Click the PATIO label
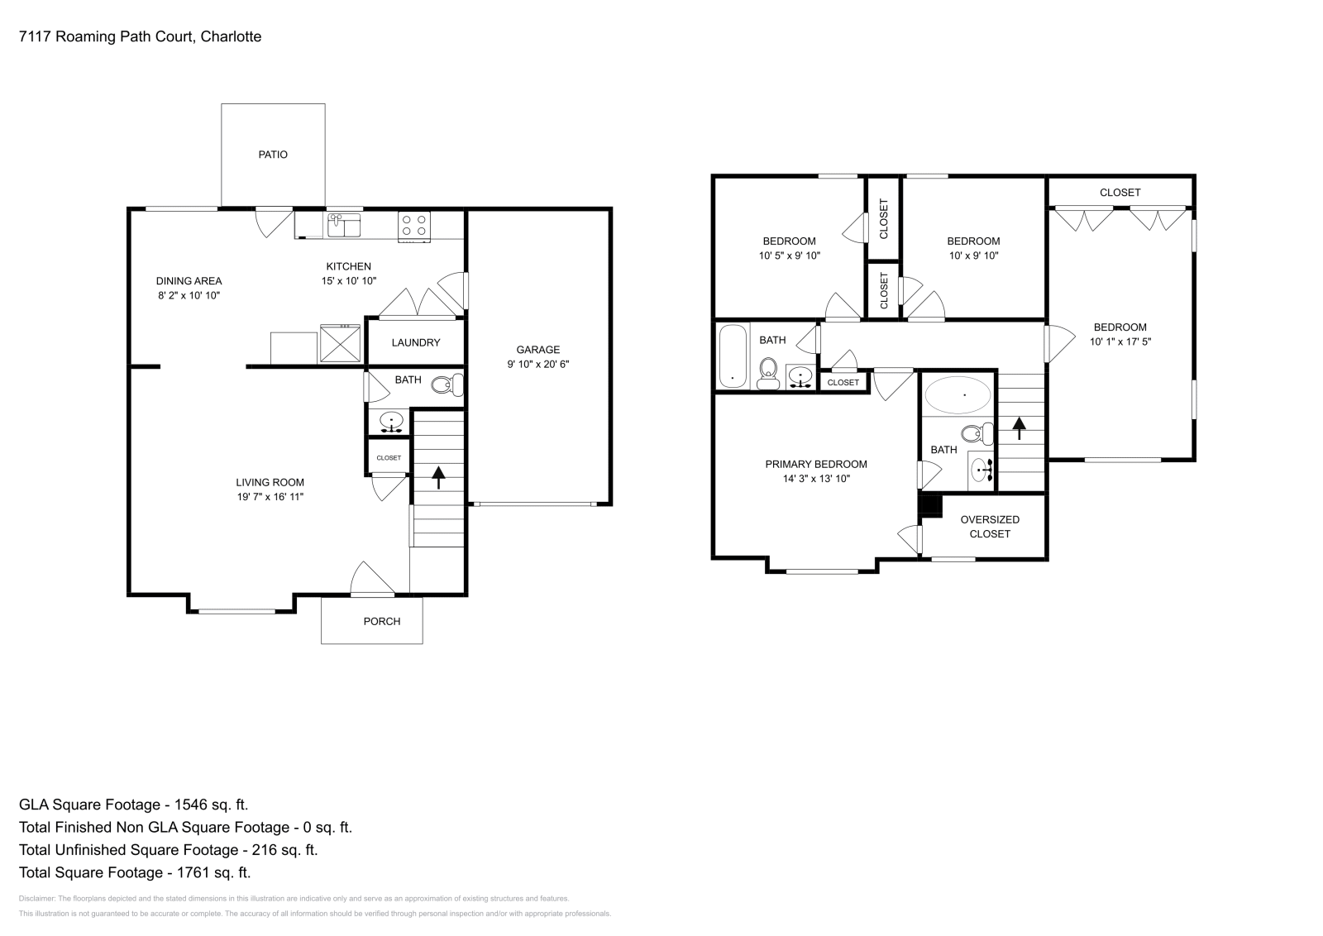pyautogui.click(x=273, y=155)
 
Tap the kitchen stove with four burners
pyautogui.click(x=414, y=226)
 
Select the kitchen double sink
pyautogui.click(x=344, y=224)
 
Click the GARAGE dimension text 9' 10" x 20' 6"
pyautogui.click(x=538, y=364)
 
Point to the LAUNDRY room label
pyautogui.click(x=415, y=342)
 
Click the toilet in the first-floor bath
pyautogui.click(x=449, y=384)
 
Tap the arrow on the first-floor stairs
pyautogui.click(x=437, y=477)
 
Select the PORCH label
pyautogui.click(x=382, y=621)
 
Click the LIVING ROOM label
pyautogui.click(x=270, y=482)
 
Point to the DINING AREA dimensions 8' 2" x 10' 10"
pyautogui.click(x=189, y=295)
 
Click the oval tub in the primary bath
pyautogui.click(x=958, y=395)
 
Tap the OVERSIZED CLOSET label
pyautogui.click(x=990, y=527)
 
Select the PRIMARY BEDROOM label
pyautogui.click(x=815, y=464)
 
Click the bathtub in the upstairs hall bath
pyautogui.click(x=733, y=356)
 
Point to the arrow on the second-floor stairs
pyautogui.click(x=1019, y=427)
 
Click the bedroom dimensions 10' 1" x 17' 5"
pyautogui.click(x=1120, y=341)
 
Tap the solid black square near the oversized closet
pyautogui.click(x=931, y=505)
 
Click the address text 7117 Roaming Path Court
pyautogui.click(x=107, y=36)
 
